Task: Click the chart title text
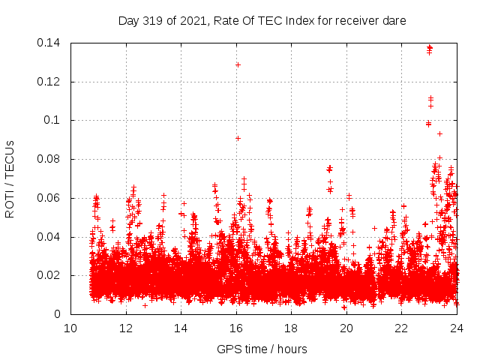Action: tap(262, 21)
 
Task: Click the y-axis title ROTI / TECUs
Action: tap(10, 178)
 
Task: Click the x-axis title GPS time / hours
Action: tap(262, 349)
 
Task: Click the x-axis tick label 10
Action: tap(70, 328)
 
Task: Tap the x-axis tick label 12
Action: tap(126, 328)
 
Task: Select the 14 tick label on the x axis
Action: tap(181, 328)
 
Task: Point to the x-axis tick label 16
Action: tap(236, 328)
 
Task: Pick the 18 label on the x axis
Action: tap(291, 328)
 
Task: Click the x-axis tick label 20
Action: tap(346, 328)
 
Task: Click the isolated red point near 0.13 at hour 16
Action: tap(238, 64)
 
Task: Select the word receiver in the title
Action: tap(355, 21)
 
